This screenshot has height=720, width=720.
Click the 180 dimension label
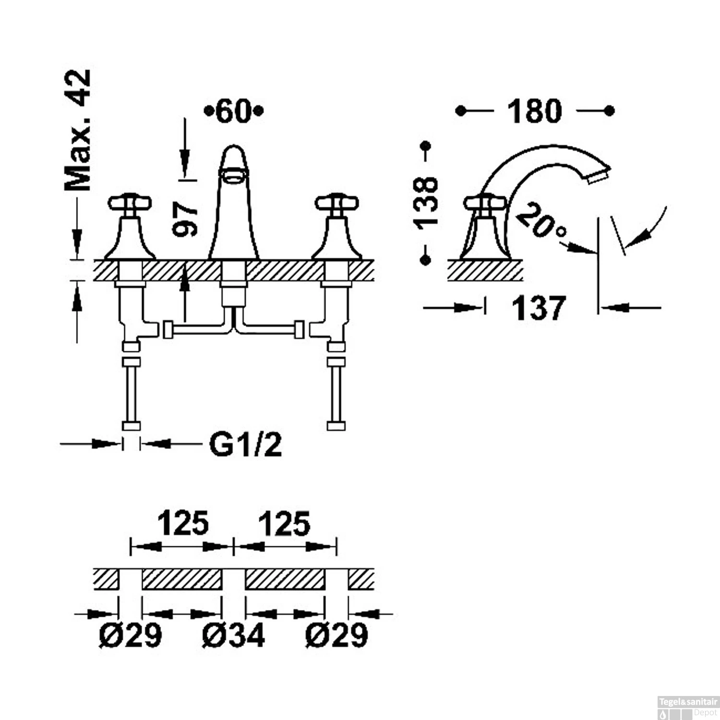coord(534,111)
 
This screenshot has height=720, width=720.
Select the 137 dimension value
coord(539,308)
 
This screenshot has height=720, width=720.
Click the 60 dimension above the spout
coord(234,111)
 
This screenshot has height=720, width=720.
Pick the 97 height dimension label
coord(185,219)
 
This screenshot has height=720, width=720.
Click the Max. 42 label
coord(78,130)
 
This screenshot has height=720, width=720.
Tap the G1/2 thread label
coord(245,444)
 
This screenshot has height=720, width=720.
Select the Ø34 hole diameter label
coord(233,635)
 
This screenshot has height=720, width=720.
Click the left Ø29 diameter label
coord(131,635)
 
